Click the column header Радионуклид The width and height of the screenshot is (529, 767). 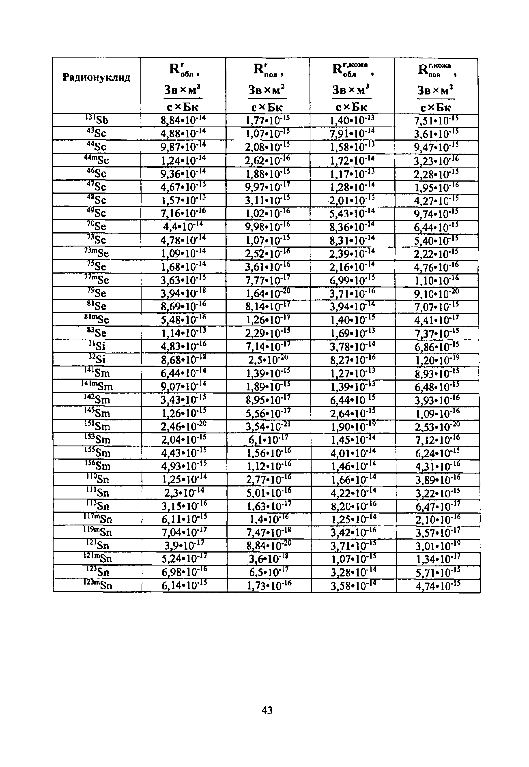coord(97,78)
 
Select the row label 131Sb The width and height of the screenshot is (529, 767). coord(97,120)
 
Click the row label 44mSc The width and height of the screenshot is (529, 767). coord(97,160)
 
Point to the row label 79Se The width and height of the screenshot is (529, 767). coord(97,293)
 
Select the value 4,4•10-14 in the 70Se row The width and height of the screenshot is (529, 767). coord(183,227)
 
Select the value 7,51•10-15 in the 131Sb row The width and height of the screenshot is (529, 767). coord(436,120)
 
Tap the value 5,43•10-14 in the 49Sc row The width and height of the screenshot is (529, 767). coord(352,213)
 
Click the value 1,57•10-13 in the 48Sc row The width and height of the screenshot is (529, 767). coord(183,200)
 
